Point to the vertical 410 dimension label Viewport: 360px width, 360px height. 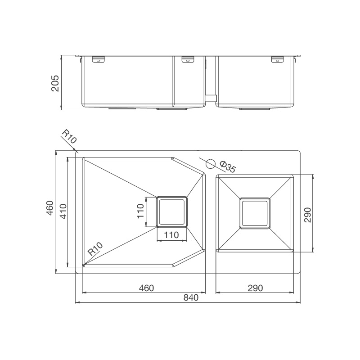(63, 211)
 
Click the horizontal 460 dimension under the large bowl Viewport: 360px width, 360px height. (146, 288)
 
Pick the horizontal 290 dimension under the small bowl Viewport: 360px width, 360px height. (255, 288)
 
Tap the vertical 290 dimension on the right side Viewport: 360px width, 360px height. (307, 215)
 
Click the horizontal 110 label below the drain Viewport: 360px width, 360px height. (171, 234)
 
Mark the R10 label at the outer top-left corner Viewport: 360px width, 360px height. (68, 137)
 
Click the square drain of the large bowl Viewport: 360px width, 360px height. (171, 211)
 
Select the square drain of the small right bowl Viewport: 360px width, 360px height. (255, 213)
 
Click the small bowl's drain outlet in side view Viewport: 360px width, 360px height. (255, 108)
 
